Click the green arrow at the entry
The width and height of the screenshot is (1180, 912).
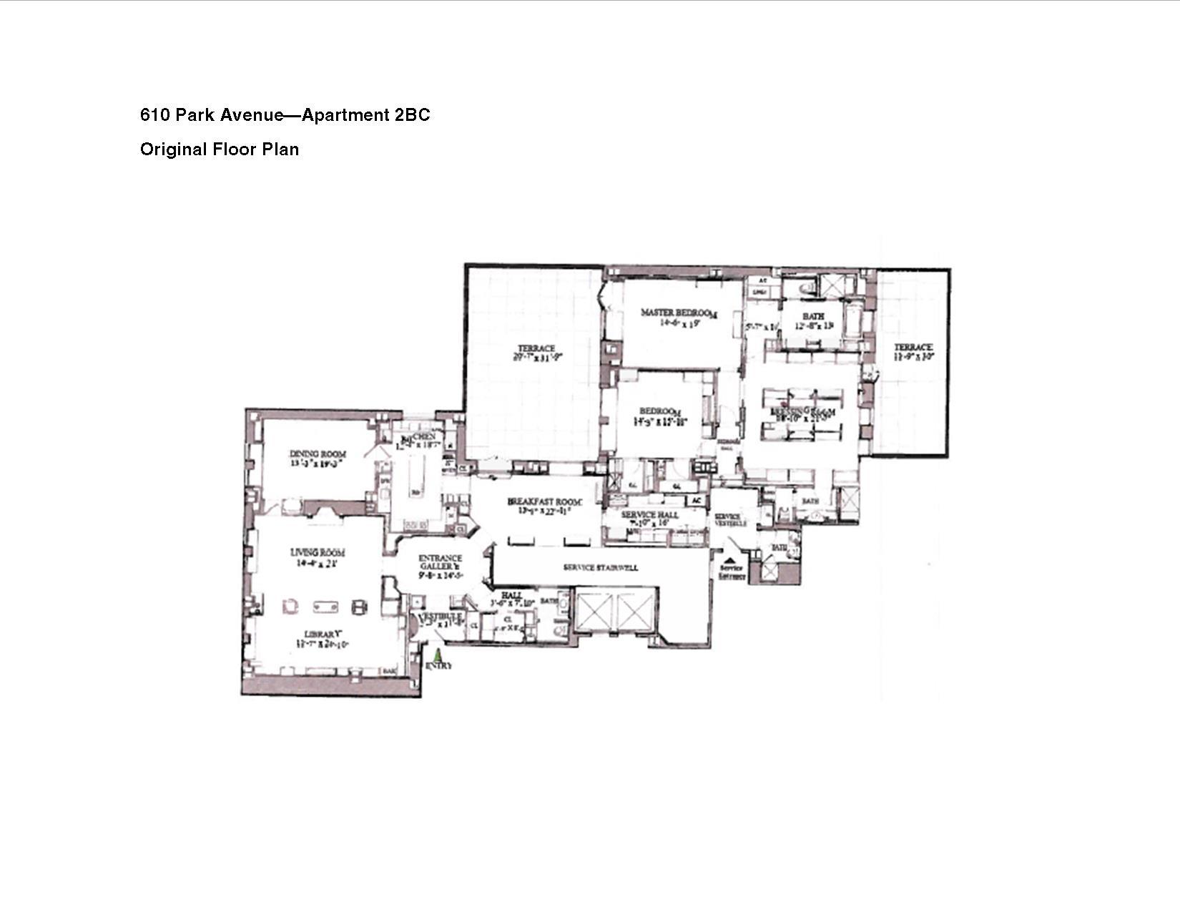tap(438, 654)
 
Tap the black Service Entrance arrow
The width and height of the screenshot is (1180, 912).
tap(729, 561)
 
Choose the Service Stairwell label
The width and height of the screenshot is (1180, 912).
tap(601, 568)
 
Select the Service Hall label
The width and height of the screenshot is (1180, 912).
tap(649, 515)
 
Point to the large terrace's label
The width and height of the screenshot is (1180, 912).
tap(536, 349)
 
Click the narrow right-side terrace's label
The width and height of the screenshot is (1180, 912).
tap(913, 348)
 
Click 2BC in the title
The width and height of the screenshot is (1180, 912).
tap(412, 115)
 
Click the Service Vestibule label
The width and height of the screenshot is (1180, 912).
tap(730, 520)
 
